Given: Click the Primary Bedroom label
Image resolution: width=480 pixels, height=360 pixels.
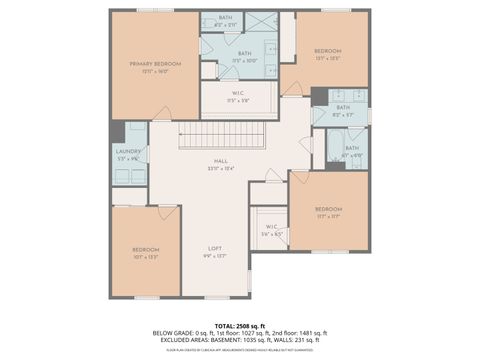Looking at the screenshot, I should [153, 64].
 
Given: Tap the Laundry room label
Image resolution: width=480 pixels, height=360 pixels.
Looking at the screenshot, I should [128, 151].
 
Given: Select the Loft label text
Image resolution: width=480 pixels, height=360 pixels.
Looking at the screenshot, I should [214, 247].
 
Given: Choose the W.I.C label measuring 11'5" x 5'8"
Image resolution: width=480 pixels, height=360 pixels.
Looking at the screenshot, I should [238, 96].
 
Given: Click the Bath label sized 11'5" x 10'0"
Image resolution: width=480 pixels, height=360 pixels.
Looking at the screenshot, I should [244, 54].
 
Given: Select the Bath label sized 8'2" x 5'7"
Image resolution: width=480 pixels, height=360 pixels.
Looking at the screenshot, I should [343, 107].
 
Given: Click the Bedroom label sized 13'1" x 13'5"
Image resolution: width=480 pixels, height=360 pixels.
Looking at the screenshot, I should [327, 51].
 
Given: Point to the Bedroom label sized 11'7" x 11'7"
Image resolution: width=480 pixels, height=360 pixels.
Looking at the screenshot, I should [329, 209].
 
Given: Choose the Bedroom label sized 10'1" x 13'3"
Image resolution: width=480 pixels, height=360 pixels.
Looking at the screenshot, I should [146, 251].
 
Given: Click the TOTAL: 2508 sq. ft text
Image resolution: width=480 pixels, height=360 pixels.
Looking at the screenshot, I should [239, 325].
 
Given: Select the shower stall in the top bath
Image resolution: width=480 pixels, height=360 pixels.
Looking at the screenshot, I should [262, 21].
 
